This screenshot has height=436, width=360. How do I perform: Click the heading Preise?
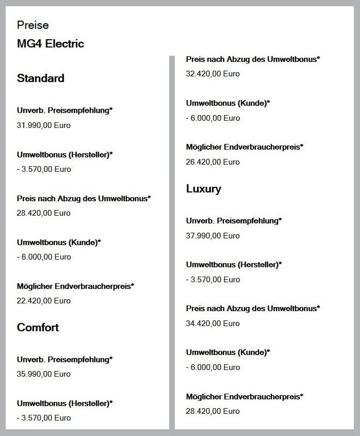(32, 25)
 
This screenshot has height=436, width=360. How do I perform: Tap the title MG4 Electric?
(51, 44)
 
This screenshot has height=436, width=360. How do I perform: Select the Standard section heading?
(41, 78)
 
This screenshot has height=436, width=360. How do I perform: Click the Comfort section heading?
(38, 328)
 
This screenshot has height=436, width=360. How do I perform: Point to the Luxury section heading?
(204, 189)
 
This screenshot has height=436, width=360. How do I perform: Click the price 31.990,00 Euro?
(44, 125)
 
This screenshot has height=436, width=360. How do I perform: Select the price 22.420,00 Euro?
(44, 301)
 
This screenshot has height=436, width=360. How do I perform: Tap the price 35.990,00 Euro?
(44, 374)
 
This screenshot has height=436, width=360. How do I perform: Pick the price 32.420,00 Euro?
(213, 74)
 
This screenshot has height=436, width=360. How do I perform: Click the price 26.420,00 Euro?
(213, 162)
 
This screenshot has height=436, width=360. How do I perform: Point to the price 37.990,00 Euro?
(213, 236)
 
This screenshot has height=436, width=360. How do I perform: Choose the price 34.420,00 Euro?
(213, 324)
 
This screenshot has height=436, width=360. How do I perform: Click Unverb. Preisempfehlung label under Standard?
(65, 110)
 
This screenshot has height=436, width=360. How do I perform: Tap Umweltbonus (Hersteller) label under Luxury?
(234, 265)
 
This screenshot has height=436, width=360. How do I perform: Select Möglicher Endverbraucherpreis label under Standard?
(75, 286)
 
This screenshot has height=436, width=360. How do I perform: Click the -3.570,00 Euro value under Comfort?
(44, 418)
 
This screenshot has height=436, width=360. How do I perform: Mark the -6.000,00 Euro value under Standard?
(44, 257)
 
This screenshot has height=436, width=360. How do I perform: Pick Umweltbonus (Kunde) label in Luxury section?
(228, 352)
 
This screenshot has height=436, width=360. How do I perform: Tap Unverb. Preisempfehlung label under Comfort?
(65, 359)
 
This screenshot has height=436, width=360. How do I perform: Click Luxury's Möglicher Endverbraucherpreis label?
(244, 396)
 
